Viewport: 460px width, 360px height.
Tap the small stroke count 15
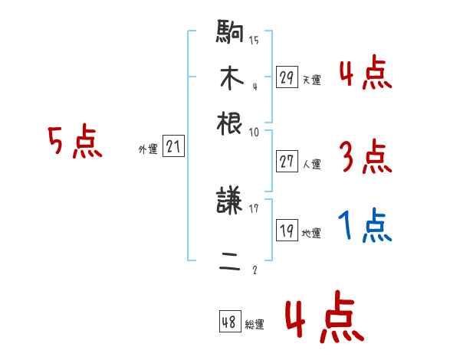click(x=254, y=41)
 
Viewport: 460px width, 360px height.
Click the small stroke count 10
click(x=254, y=132)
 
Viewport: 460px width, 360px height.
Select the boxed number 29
click(x=287, y=77)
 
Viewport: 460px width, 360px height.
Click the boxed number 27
click(x=287, y=162)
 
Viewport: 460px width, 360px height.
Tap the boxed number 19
click(x=287, y=231)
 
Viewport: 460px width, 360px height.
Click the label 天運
click(x=311, y=80)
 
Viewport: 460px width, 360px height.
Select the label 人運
click(x=311, y=164)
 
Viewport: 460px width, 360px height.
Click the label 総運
click(x=255, y=325)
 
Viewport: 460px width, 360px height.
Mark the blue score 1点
click(x=365, y=227)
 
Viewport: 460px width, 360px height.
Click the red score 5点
click(x=75, y=142)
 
